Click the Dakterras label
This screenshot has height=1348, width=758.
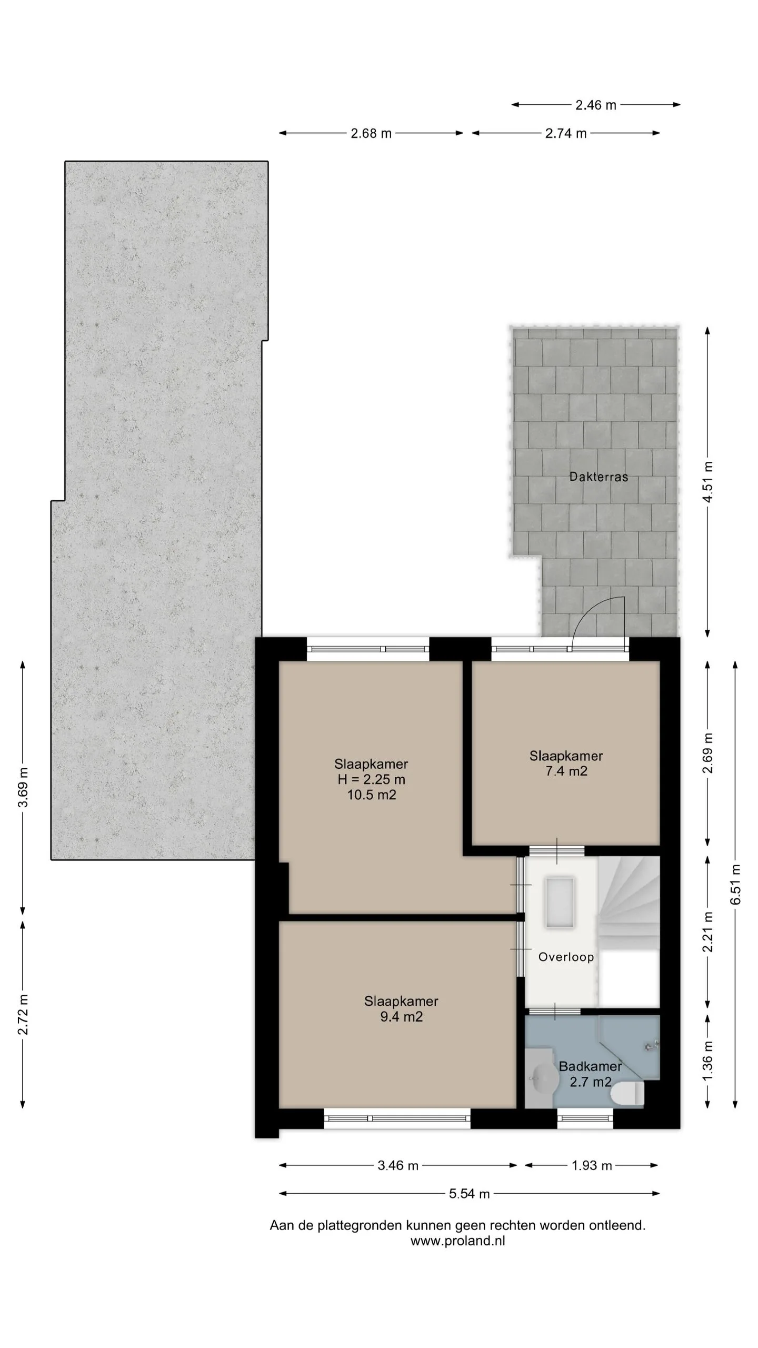tap(599, 477)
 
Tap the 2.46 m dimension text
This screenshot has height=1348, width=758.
tap(595, 105)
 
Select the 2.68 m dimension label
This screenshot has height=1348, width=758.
tap(371, 134)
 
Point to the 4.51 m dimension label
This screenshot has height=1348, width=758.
tap(708, 482)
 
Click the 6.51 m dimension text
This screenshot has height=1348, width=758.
tap(736, 885)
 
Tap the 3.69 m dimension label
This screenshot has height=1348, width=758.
tap(23, 787)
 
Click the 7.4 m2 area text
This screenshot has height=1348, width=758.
tap(566, 771)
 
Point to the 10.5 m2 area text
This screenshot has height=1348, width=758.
tap(371, 795)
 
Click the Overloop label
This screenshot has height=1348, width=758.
tap(566, 957)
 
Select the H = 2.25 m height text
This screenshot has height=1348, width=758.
tap(371, 779)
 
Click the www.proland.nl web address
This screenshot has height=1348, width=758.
tap(457, 1241)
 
